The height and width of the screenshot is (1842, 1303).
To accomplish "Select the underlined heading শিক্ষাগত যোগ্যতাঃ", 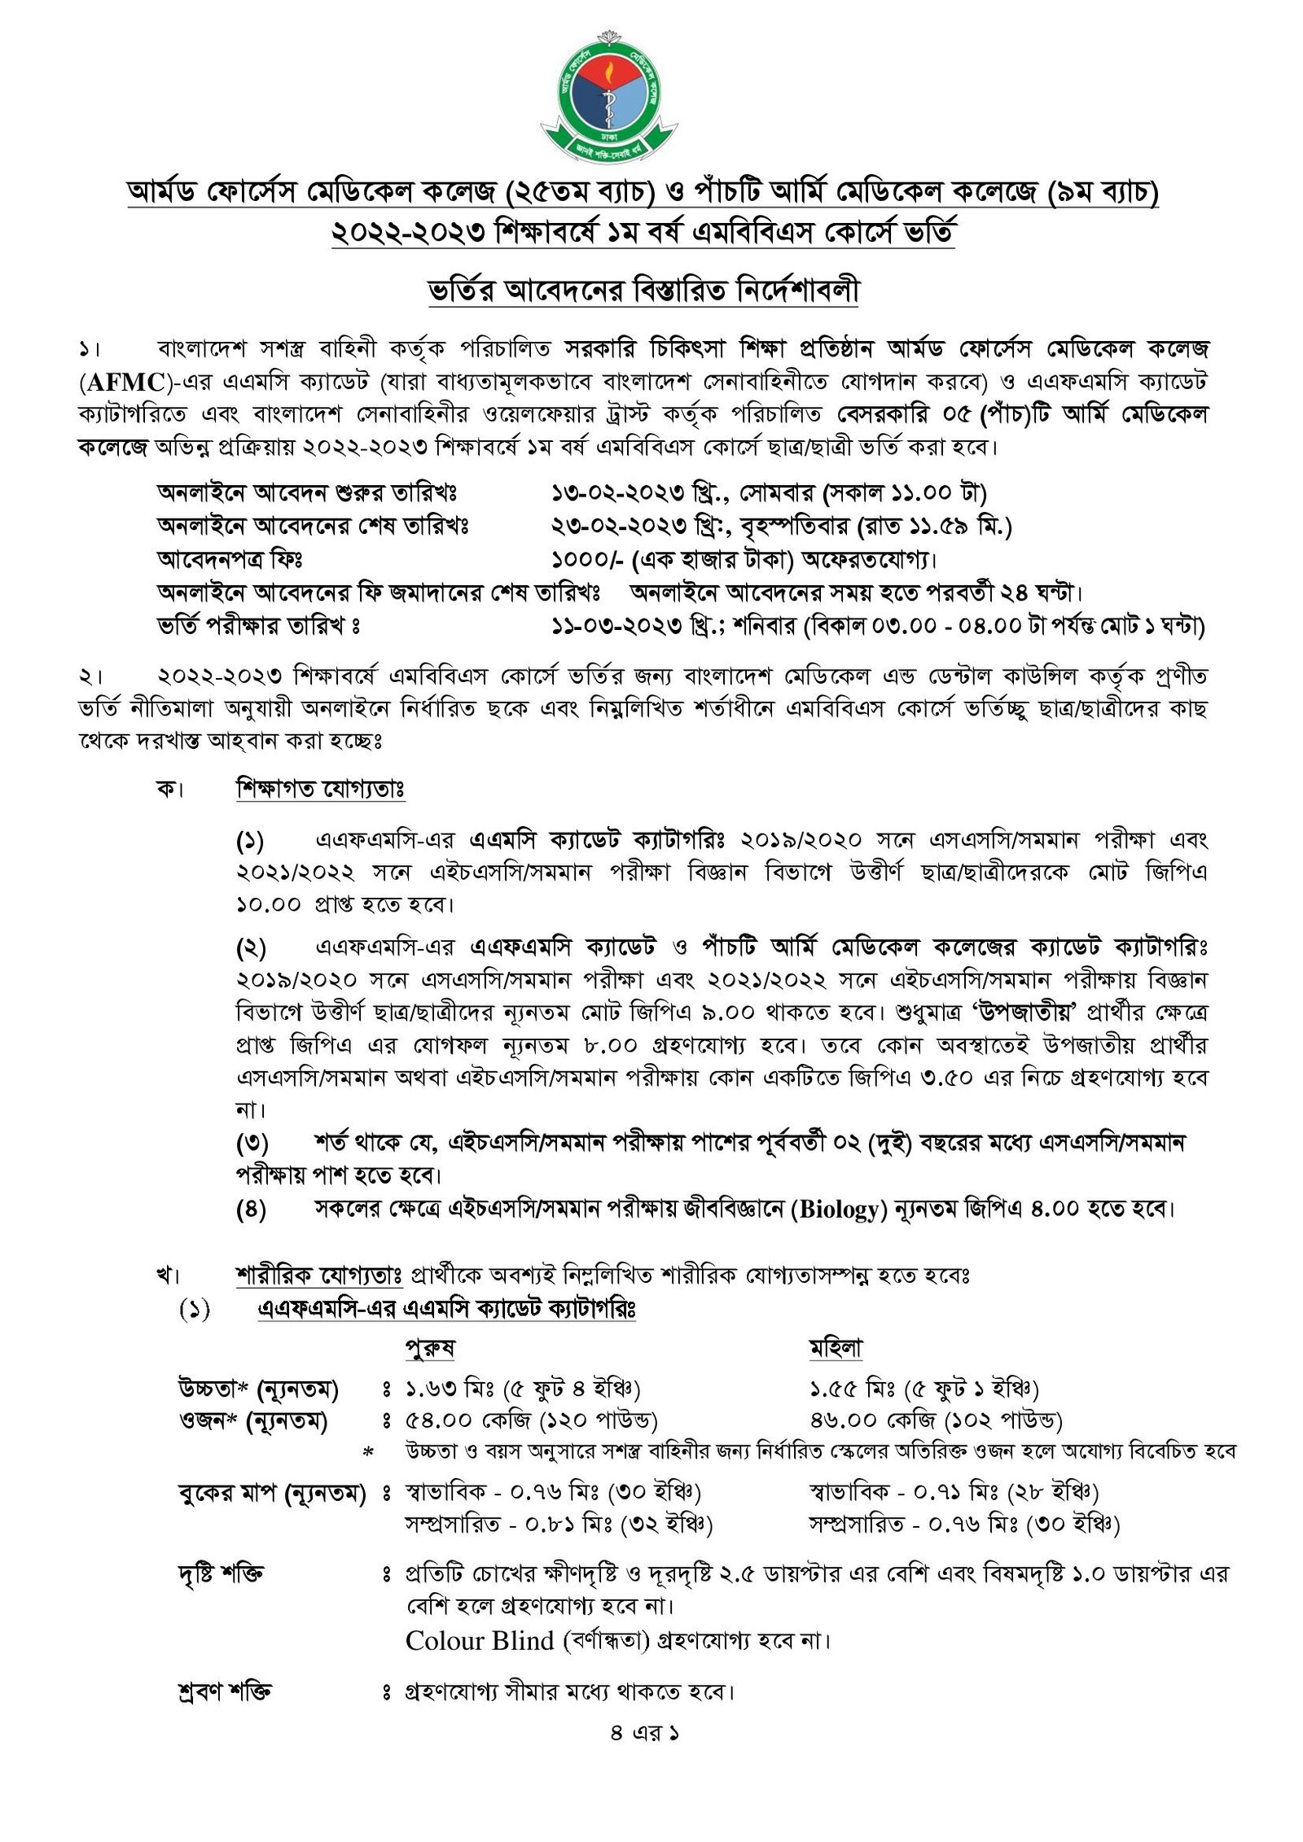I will pyautogui.click(x=321, y=790).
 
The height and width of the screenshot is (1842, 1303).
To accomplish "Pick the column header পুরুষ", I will pyautogui.click(x=430, y=1348).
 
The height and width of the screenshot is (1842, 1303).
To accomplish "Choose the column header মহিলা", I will pyautogui.click(x=836, y=1348).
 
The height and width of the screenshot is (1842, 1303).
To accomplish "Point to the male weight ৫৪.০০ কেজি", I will pyautogui.click(x=467, y=1420).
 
